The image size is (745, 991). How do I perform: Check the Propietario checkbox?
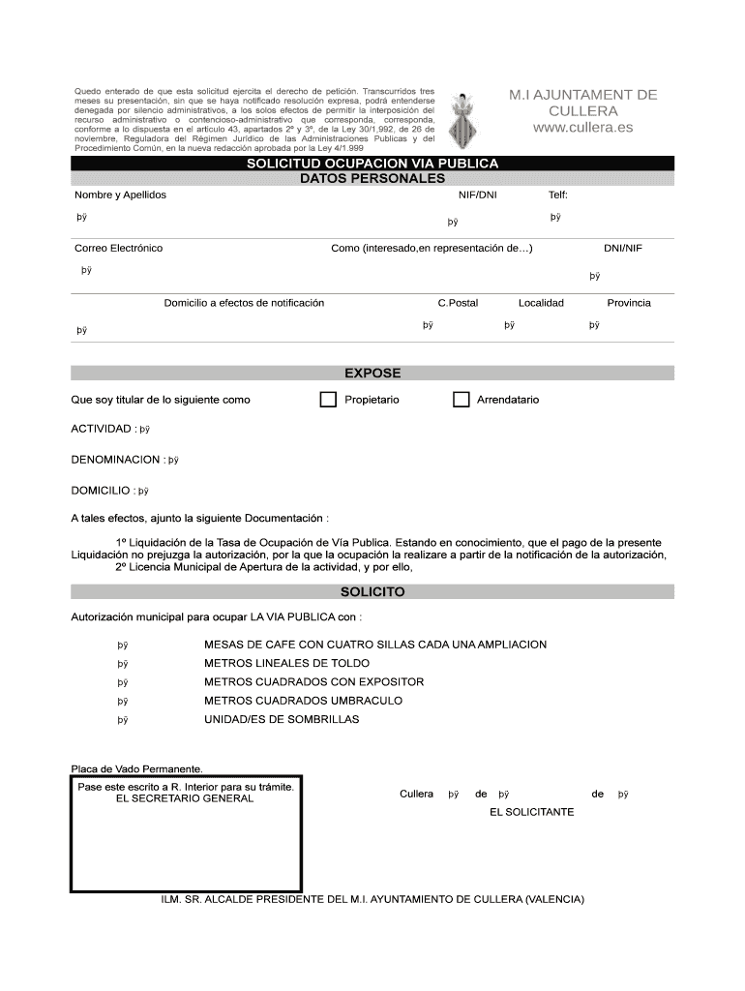328,400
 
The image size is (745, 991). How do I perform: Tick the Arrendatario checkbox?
461,400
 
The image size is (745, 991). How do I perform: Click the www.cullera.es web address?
582,128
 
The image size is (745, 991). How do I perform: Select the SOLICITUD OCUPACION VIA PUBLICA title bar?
372,164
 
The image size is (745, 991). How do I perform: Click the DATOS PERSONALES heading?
372,178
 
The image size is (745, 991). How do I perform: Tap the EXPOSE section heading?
372,373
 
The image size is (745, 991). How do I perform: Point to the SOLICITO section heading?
372,591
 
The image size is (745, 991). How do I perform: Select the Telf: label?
557,195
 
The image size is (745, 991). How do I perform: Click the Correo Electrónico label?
119,249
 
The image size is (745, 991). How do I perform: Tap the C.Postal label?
458,303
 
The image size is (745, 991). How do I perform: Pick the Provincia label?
628,303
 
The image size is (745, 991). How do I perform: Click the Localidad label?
541,303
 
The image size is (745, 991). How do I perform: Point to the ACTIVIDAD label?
102,429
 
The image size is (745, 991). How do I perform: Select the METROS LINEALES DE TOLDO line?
286,664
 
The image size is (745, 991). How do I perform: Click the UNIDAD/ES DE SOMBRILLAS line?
282,719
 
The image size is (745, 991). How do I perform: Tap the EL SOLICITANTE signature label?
531,812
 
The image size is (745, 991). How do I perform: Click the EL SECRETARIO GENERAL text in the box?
185,798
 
